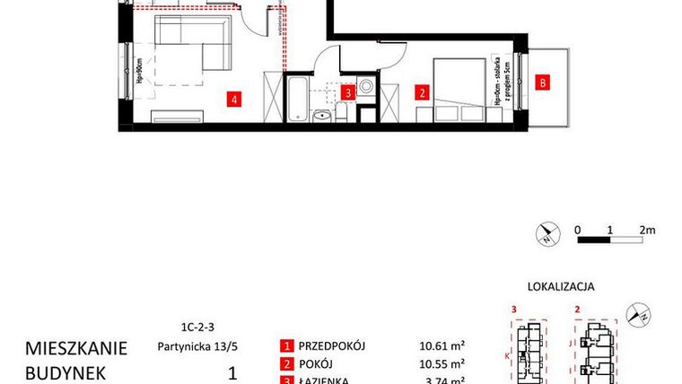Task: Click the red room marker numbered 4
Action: (234, 99)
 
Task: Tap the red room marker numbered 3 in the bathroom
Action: (352, 91)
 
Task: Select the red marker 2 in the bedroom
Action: (419, 91)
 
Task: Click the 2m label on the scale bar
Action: (647, 230)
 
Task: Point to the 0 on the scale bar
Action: (580, 230)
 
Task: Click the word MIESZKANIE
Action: (76, 347)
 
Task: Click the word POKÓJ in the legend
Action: (320, 364)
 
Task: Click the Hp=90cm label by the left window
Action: (140, 70)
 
